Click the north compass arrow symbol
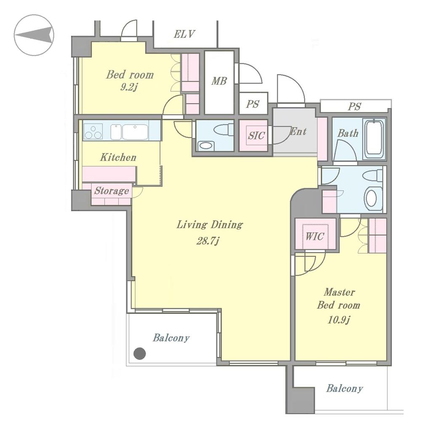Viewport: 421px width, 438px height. (34, 35)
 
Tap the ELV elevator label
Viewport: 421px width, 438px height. (184, 34)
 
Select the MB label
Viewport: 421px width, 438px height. (219, 81)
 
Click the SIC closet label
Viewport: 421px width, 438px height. (256, 135)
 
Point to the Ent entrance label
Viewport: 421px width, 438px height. (298, 132)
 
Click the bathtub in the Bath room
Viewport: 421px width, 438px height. (374, 138)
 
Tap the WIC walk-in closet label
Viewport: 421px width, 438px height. (314, 236)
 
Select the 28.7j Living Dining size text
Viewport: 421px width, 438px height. (210, 241)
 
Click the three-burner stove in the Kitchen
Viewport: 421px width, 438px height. (93, 132)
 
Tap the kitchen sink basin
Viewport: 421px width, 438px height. (135, 132)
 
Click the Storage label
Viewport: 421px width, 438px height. (111, 191)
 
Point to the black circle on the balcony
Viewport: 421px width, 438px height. (139, 353)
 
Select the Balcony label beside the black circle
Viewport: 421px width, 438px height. (171, 338)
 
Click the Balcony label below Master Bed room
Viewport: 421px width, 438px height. (344, 388)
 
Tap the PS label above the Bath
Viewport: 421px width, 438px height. (354, 106)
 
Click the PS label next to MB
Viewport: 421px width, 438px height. (253, 104)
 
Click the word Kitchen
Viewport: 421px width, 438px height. (118, 157)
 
